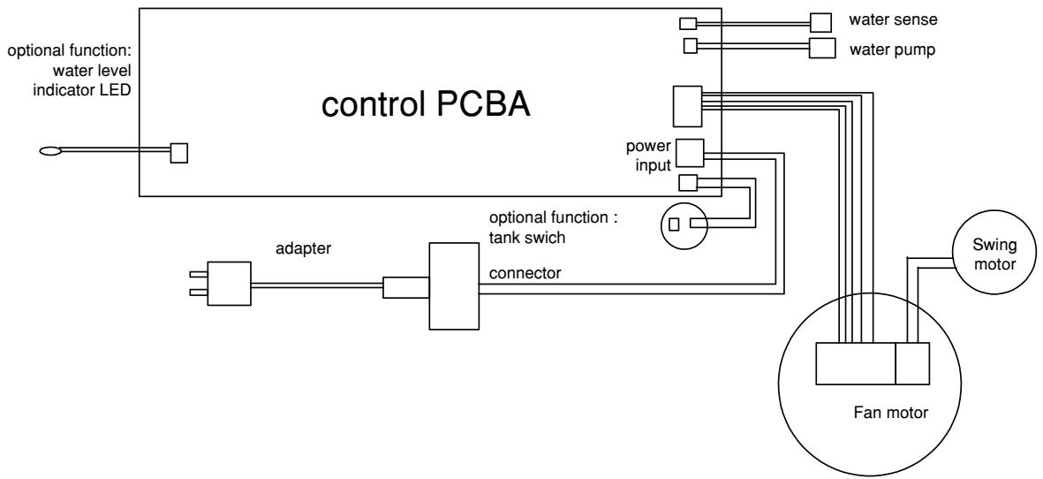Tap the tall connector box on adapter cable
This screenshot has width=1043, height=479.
pos(454,286)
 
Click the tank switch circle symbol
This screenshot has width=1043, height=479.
pos(685,224)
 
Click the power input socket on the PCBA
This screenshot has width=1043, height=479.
pos(689,153)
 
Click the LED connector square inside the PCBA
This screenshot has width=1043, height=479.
pos(179,153)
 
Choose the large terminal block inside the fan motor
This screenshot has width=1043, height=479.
pos(855,363)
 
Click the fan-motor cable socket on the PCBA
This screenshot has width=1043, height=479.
pos(687,105)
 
